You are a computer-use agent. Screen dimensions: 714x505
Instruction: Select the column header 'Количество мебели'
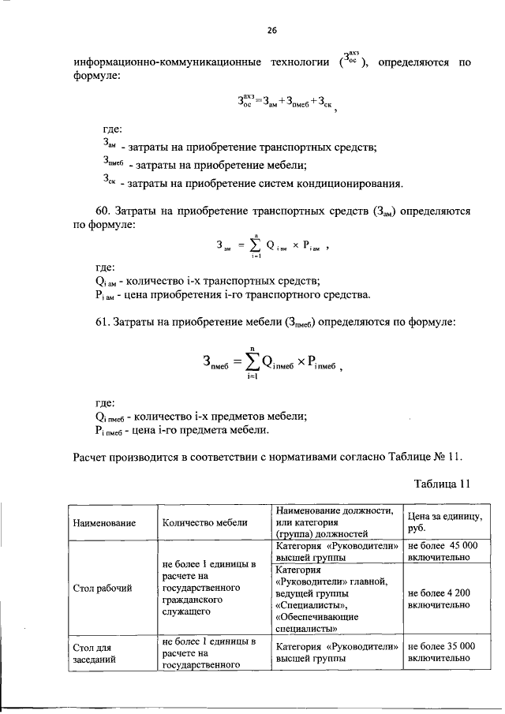point(204,523)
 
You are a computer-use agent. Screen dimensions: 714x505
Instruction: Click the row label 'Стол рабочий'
point(102,588)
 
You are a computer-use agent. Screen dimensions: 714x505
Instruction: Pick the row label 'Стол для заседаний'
point(95,653)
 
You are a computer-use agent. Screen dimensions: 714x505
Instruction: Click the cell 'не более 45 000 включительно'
point(441,551)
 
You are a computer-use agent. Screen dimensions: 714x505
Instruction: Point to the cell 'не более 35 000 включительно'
point(441,651)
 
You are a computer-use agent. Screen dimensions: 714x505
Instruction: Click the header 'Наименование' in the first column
point(104,523)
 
